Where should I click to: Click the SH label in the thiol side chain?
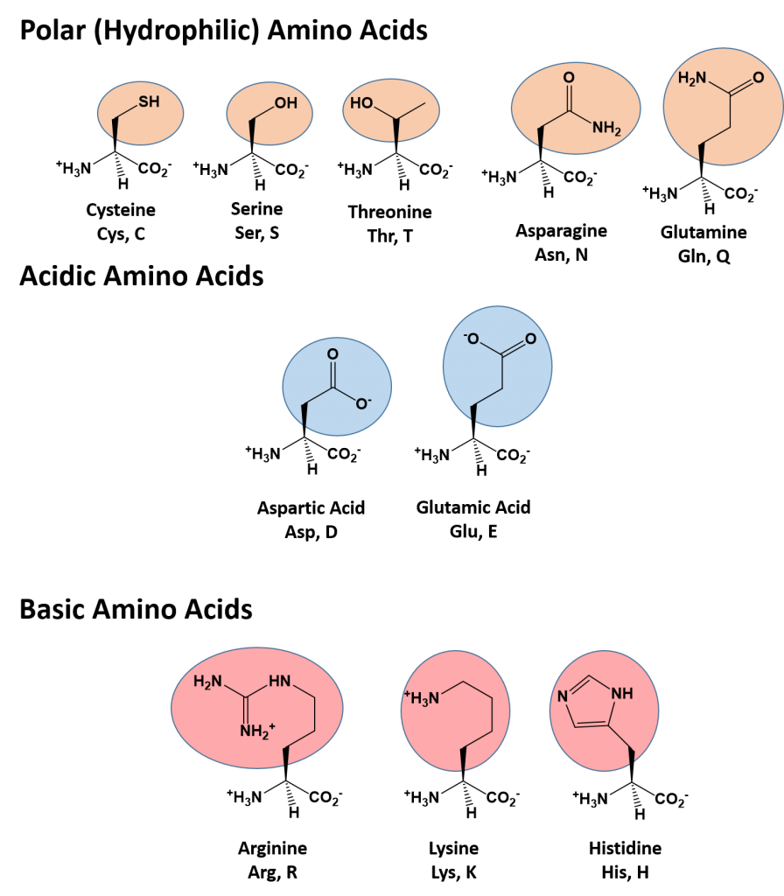(x=149, y=101)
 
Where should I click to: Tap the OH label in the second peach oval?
(x=285, y=103)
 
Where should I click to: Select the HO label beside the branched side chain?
(x=361, y=103)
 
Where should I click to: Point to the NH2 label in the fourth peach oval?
(x=605, y=129)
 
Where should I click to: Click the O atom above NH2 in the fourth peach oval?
(x=569, y=78)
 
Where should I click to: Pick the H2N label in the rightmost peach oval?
(x=692, y=78)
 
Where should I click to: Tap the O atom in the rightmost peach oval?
(x=758, y=78)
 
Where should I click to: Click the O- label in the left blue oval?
(x=363, y=403)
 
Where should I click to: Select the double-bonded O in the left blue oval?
(x=332, y=354)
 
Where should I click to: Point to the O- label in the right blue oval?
(x=471, y=339)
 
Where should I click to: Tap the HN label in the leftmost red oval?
(x=280, y=681)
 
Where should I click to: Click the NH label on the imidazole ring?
(x=621, y=694)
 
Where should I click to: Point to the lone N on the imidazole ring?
(x=563, y=697)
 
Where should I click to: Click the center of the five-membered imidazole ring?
(x=591, y=703)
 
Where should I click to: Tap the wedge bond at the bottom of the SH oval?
(x=115, y=131)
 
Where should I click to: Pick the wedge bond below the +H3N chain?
(x=462, y=759)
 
